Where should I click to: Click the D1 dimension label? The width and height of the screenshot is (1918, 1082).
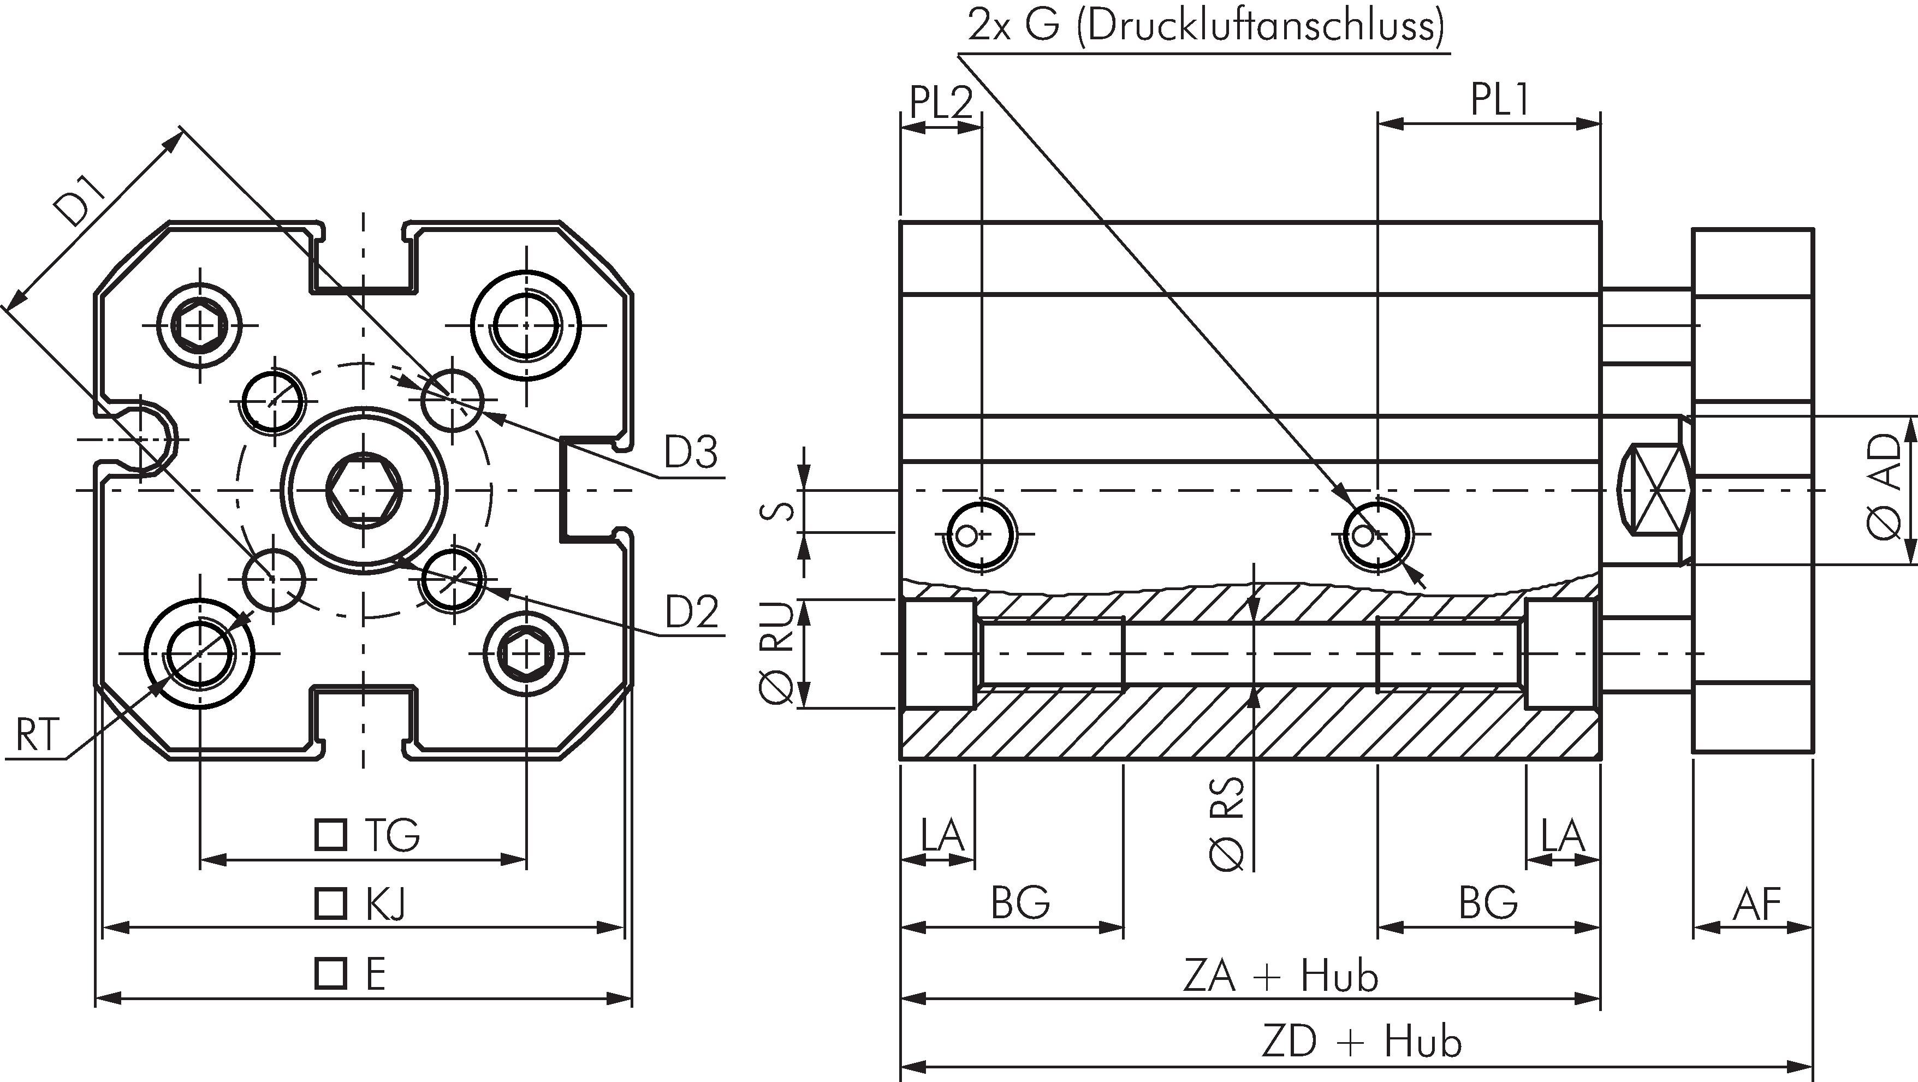point(84,200)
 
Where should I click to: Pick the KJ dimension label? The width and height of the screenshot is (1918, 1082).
point(385,905)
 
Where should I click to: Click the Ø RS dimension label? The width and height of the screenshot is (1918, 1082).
point(1227,823)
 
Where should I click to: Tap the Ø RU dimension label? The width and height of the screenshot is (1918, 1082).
point(776,653)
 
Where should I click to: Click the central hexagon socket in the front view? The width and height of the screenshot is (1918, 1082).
point(364,491)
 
